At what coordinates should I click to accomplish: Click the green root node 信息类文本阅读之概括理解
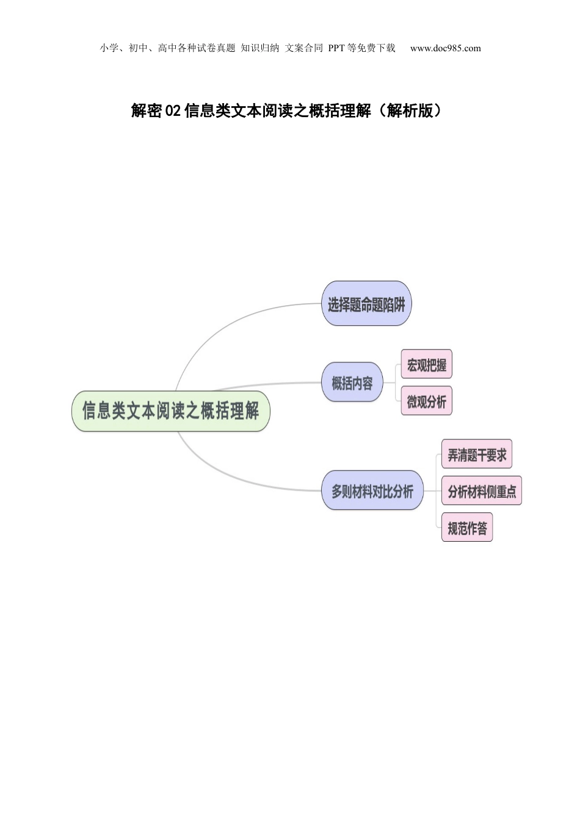[171, 411]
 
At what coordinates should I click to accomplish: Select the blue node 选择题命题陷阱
[366, 303]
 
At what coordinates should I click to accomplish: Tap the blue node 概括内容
[352, 383]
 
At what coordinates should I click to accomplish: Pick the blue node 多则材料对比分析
[372, 491]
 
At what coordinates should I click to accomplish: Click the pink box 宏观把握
[427, 364]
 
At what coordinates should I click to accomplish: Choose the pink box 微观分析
[427, 401]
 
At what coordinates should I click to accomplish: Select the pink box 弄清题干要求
[477, 454]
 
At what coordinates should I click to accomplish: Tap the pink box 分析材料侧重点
[482, 491]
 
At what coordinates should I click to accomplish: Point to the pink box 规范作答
[467, 528]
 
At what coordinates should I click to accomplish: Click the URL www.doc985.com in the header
[446, 48]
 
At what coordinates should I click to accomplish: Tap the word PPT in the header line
[336, 48]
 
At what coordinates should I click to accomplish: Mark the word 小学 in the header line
[109, 48]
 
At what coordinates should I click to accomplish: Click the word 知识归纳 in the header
[259, 48]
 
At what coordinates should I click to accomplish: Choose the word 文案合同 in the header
[304, 48]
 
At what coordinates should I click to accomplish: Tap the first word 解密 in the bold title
[147, 110]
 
